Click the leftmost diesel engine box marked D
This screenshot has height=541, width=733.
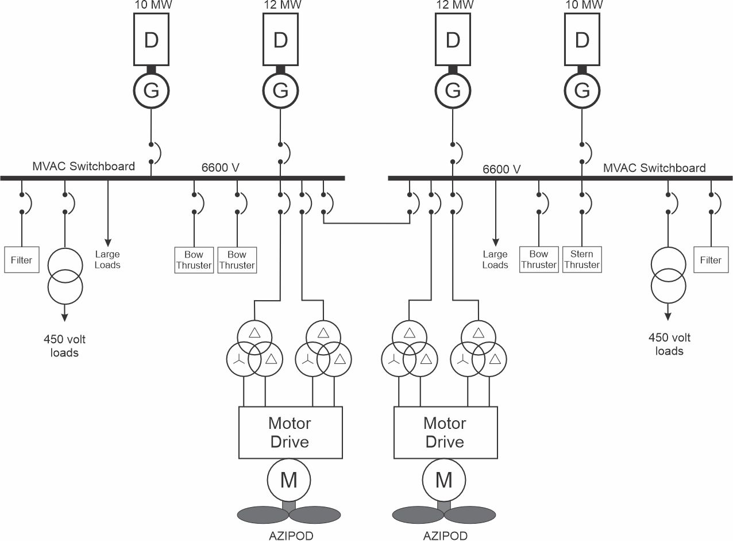151,40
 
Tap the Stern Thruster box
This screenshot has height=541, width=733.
581,259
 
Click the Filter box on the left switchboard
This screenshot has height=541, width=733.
21,260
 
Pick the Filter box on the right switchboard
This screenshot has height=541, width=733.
711,260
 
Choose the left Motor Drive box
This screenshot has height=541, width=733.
290,432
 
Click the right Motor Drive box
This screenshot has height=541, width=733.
445,432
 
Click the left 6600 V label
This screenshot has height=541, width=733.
221,168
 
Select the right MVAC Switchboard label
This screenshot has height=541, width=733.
654,168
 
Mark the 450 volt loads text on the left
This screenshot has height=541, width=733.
64,346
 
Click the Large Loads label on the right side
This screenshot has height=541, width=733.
495,259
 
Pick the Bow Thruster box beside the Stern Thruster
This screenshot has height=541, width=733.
539,259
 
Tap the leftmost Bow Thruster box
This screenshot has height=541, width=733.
194,260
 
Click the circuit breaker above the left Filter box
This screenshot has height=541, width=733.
23,202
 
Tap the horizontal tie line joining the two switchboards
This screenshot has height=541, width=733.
366,222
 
